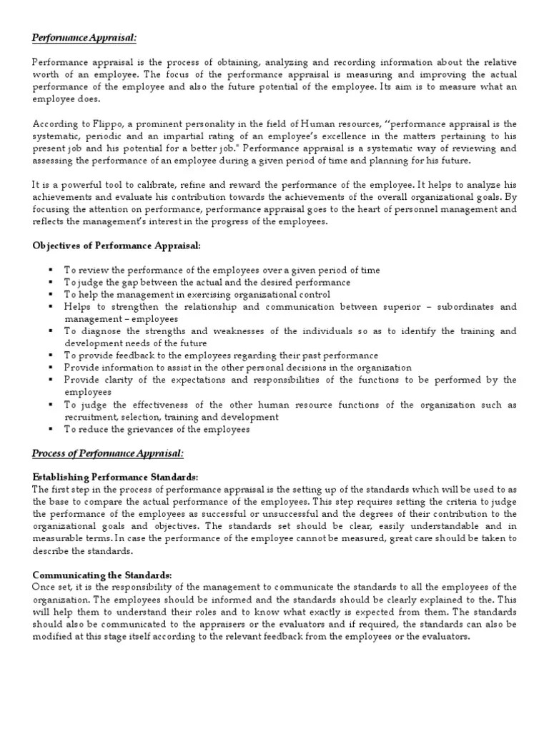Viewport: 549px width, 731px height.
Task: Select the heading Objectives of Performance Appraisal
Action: (x=117, y=246)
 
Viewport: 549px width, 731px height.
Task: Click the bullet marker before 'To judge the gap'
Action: (x=51, y=282)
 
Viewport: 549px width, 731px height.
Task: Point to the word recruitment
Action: (x=91, y=416)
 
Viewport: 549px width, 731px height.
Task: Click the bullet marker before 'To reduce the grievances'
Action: (x=51, y=428)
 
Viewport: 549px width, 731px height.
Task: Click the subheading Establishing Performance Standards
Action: (x=115, y=477)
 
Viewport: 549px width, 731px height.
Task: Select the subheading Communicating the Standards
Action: (x=102, y=575)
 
